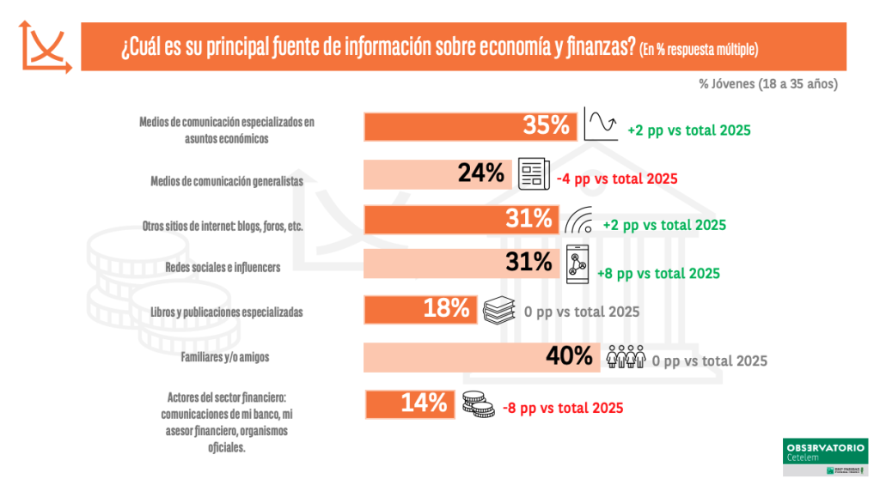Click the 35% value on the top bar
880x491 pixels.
547,126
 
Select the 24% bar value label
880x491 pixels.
480,173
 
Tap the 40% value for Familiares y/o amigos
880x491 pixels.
570,355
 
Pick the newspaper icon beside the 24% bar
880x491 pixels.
533,174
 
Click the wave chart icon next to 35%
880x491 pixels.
601,124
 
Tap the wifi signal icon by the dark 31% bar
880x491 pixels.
579,221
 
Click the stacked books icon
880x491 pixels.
499,309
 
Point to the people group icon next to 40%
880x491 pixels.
626,356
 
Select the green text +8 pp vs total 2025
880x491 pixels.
658,273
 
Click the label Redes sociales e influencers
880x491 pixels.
223,267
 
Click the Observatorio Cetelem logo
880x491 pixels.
825,458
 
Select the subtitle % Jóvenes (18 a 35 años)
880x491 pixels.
767,84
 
